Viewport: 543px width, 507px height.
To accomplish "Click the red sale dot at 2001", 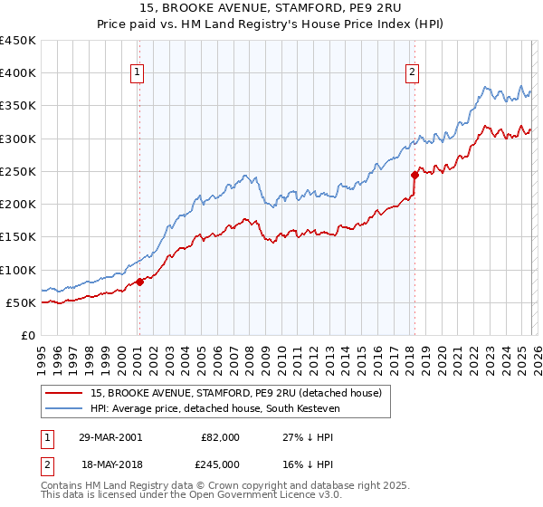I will click(x=140, y=282).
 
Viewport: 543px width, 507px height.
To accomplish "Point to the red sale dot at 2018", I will click(x=414, y=175).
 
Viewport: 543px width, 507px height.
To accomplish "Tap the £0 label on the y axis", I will click(x=27, y=335).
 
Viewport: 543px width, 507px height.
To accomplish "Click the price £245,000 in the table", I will click(x=221, y=464).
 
